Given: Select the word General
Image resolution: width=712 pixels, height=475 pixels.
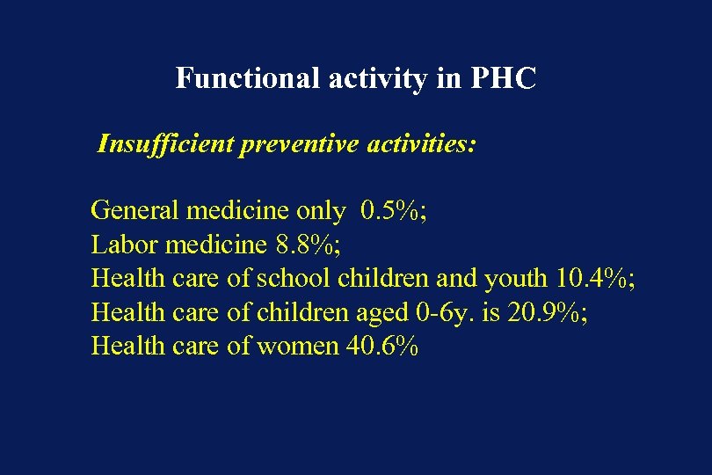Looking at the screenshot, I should [134, 210].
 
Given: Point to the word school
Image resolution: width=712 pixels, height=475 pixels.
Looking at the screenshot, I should [293, 278].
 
